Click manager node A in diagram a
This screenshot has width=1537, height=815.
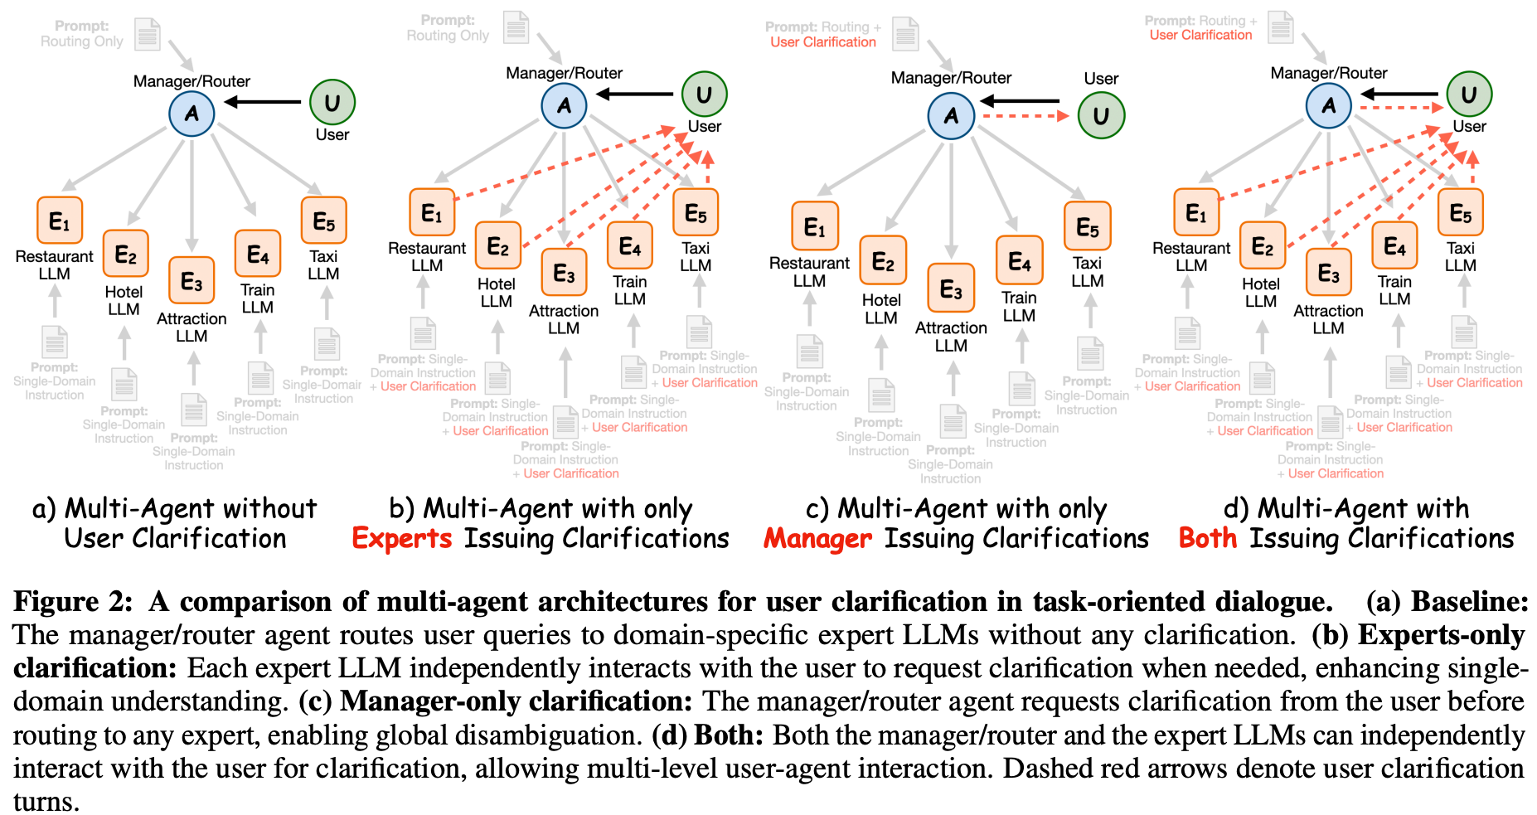coord(192,114)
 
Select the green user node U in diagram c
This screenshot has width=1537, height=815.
coord(1101,115)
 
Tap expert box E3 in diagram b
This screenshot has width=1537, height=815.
coord(564,273)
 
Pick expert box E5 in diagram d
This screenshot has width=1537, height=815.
coord(1460,213)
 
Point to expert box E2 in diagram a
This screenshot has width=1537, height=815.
coord(125,254)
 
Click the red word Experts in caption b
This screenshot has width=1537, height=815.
coord(402,539)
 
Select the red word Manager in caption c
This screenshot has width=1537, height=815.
coord(817,539)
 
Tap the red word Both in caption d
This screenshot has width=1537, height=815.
coord(1207,539)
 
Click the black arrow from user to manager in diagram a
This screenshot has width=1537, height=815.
coord(263,102)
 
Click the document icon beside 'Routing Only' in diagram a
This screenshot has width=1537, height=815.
coord(148,33)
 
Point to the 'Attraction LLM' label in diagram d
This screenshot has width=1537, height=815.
coord(1328,319)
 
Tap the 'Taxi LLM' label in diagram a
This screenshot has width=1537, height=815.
coord(323,265)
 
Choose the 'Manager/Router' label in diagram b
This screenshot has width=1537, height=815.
coord(564,73)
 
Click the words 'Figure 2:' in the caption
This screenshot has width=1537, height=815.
coord(73,601)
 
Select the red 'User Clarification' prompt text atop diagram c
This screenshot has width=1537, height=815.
coord(822,42)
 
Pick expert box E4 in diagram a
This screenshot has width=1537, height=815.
coord(258,254)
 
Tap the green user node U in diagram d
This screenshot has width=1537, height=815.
coord(1469,95)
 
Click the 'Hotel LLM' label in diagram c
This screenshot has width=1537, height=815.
coord(880,308)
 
